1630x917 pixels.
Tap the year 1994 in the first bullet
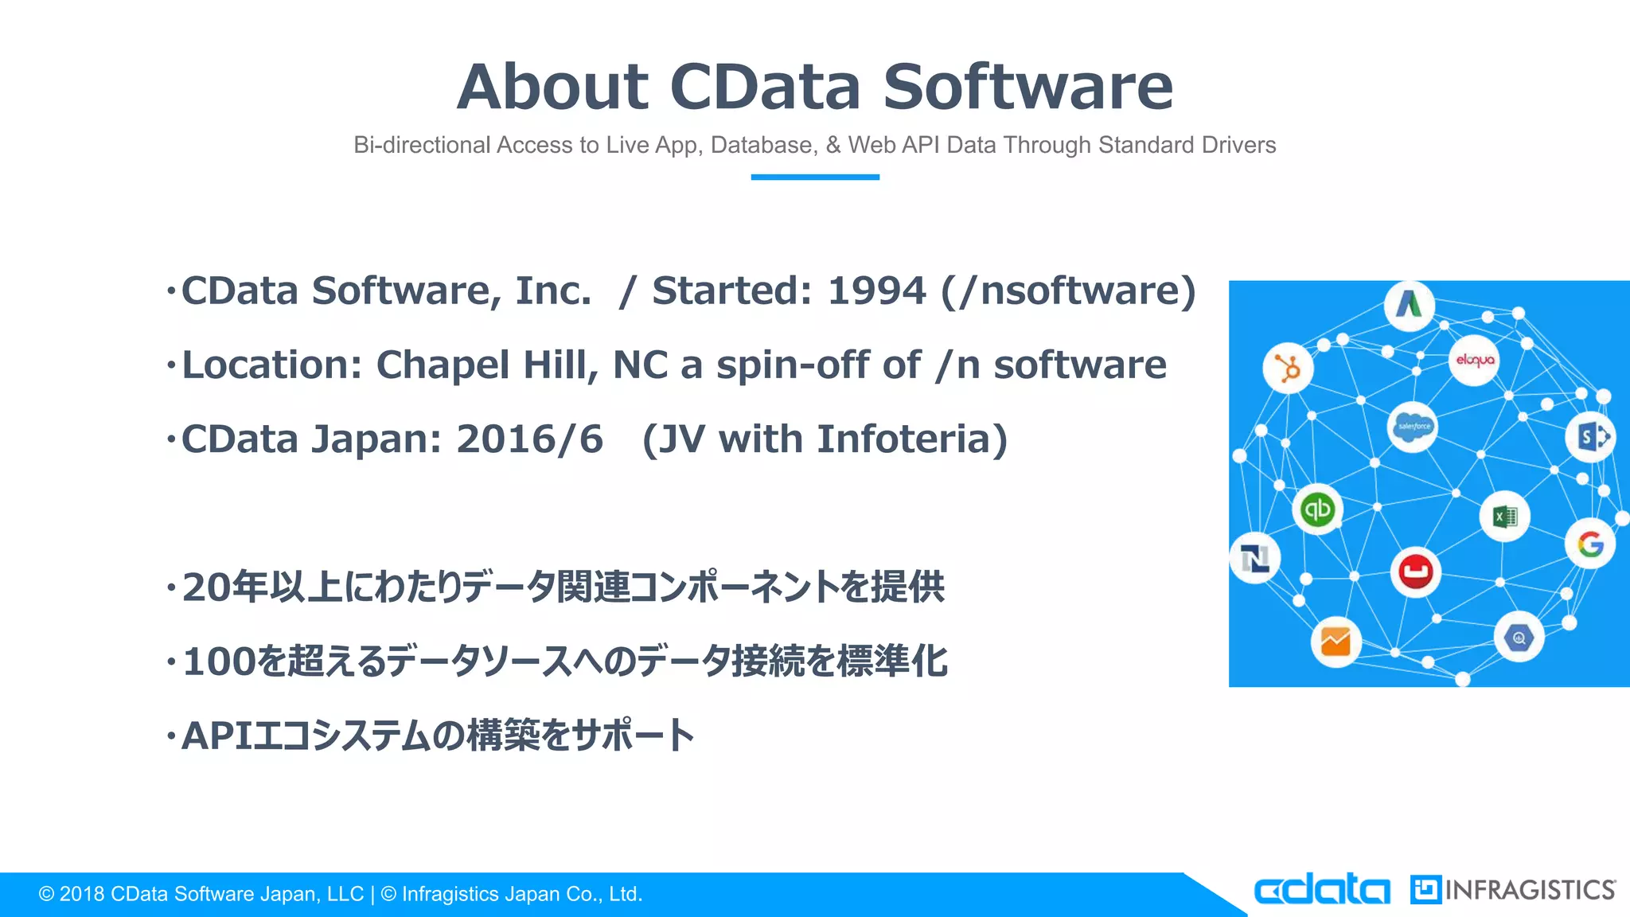click(876, 291)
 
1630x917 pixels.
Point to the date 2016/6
click(529, 439)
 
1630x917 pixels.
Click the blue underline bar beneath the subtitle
click(814, 177)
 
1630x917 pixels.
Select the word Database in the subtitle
click(762, 145)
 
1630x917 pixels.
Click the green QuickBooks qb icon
click(1316, 509)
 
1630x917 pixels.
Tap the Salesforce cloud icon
click(1413, 427)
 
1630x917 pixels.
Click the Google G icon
click(1589, 544)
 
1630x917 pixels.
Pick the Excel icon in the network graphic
click(1504, 517)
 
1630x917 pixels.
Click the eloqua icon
click(1474, 361)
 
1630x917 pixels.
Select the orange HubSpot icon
click(1287, 368)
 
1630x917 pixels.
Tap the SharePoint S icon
click(1591, 436)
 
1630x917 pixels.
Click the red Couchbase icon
click(1415, 571)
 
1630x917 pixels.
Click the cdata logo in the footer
click(1321, 890)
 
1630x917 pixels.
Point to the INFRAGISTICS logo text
click(1529, 890)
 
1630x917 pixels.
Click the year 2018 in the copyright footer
click(82, 895)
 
